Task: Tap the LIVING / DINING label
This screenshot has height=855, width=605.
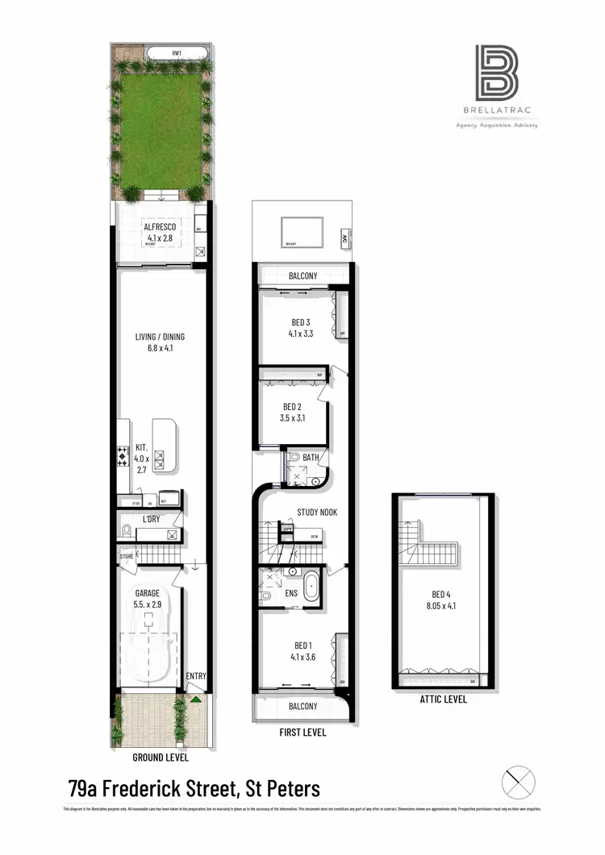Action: (x=161, y=338)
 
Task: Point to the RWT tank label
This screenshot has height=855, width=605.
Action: (x=176, y=54)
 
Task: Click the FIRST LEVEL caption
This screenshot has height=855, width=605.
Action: (x=302, y=733)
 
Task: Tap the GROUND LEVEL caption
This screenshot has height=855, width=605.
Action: (x=161, y=757)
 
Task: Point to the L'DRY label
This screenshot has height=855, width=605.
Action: (x=151, y=519)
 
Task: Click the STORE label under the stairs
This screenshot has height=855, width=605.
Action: (x=126, y=555)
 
